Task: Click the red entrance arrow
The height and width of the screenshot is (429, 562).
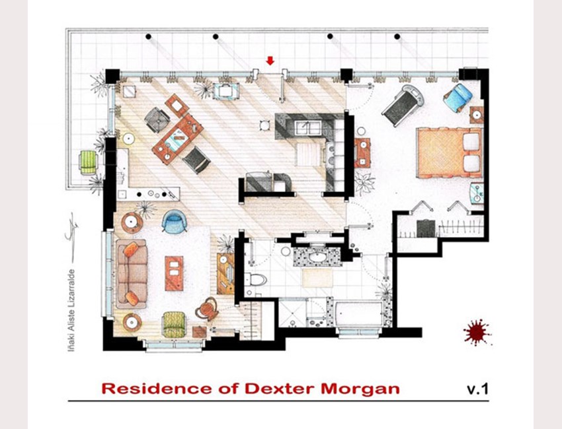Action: point(270,61)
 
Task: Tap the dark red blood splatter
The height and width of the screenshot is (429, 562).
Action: point(477,333)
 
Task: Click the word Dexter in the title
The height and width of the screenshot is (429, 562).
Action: point(280,389)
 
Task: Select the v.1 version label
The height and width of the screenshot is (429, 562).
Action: point(477,389)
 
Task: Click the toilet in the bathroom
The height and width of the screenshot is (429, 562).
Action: point(255,279)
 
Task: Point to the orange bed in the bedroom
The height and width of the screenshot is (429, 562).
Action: point(450,152)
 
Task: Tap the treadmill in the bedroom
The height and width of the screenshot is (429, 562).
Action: point(403,105)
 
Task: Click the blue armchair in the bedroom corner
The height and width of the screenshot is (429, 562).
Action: point(458,97)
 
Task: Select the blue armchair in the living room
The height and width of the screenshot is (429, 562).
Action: point(174,221)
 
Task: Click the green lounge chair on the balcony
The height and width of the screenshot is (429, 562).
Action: point(88,162)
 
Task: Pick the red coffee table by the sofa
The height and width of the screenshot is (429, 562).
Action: point(174,273)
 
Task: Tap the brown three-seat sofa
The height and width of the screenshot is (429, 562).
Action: point(132,274)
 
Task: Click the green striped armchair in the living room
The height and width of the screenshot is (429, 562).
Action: point(174,325)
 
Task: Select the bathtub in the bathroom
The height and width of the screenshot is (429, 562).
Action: point(359,313)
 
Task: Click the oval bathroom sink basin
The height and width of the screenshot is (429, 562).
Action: point(317,257)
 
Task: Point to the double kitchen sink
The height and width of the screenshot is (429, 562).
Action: point(308,128)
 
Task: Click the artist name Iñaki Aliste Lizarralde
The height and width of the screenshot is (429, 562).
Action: point(71,310)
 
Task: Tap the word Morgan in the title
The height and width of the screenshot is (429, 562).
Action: point(360,389)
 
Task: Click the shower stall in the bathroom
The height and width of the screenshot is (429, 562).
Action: point(293,313)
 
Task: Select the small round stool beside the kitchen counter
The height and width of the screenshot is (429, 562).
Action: point(264,125)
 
